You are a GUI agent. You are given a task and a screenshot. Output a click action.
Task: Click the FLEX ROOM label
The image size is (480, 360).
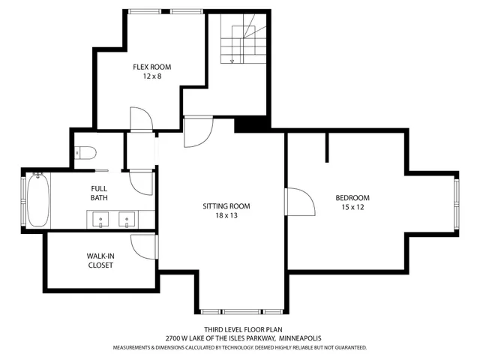click(148, 65)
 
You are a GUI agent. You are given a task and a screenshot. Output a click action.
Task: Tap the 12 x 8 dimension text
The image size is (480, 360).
click(148, 75)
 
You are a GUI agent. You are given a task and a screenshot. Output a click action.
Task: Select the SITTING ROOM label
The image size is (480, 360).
click(226, 206)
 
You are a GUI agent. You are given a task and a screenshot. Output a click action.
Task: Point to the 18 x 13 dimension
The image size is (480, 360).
click(226, 216)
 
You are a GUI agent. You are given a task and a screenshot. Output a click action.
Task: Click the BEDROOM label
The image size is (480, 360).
click(352, 198)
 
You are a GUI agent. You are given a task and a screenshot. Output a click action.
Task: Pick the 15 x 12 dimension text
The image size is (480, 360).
click(352, 208)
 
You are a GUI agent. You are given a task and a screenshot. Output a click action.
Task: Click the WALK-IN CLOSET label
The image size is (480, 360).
click(100, 260)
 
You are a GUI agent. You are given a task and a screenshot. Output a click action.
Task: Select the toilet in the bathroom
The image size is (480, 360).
click(85, 153)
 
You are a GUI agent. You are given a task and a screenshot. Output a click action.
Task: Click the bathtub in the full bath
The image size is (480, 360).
click(38, 201)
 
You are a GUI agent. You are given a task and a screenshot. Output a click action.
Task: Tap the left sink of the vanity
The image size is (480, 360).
click(100, 219)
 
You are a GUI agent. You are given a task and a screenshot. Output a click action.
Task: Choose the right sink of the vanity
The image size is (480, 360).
click(127, 219)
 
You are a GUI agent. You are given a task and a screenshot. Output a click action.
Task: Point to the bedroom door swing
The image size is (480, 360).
click(299, 201)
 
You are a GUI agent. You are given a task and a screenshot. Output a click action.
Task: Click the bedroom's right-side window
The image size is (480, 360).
click(454, 203)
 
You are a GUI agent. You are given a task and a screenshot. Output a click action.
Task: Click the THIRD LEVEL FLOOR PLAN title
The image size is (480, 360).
click(239, 329)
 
